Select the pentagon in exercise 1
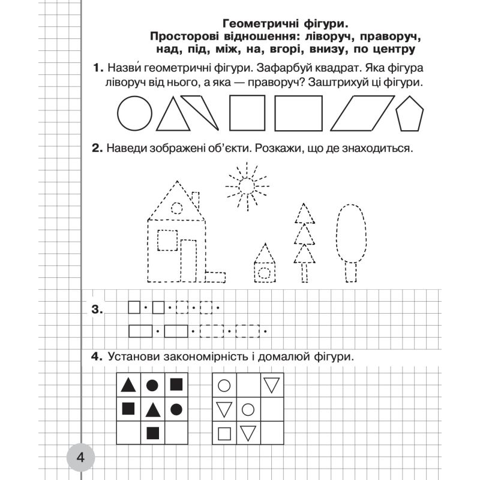tap(410, 115)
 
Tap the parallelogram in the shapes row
tap(359, 113)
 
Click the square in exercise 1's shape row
tap(248, 113)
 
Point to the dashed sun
tap(246, 187)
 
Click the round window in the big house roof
tap(176, 208)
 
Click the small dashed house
tap(265, 266)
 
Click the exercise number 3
tap(98, 310)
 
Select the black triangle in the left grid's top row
tap(128, 385)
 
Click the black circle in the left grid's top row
tap(152, 385)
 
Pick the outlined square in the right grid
tap(224, 432)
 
